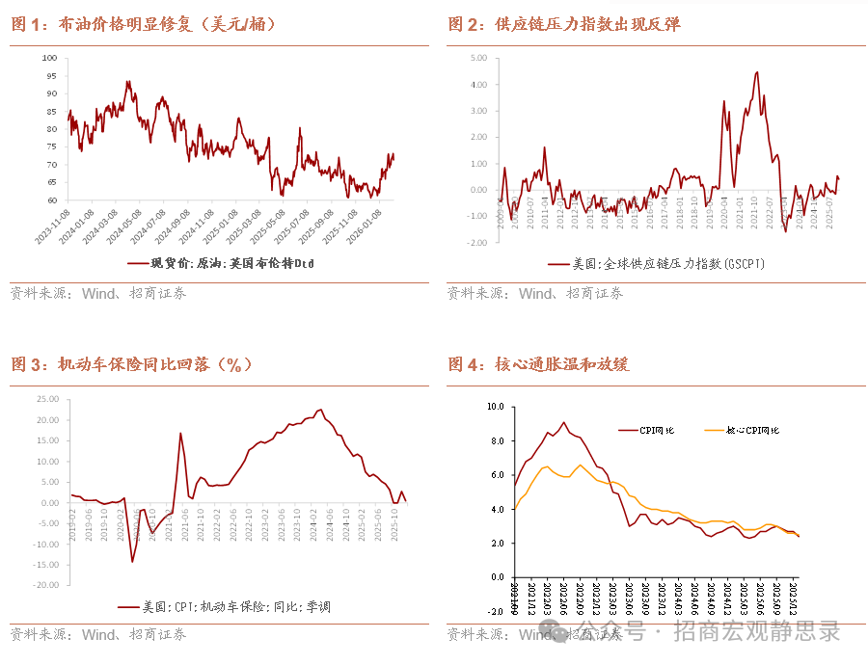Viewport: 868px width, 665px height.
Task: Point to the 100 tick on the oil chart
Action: point(49,58)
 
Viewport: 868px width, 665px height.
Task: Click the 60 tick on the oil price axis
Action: point(51,200)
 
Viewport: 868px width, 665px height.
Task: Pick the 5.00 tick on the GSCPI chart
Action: point(479,58)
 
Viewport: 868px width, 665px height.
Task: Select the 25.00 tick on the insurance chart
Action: point(47,399)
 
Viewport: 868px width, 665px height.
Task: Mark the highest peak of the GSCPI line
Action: point(757,72)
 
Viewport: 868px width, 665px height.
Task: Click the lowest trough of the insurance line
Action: point(132,561)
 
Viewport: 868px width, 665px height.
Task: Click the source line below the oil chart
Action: point(97,293)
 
